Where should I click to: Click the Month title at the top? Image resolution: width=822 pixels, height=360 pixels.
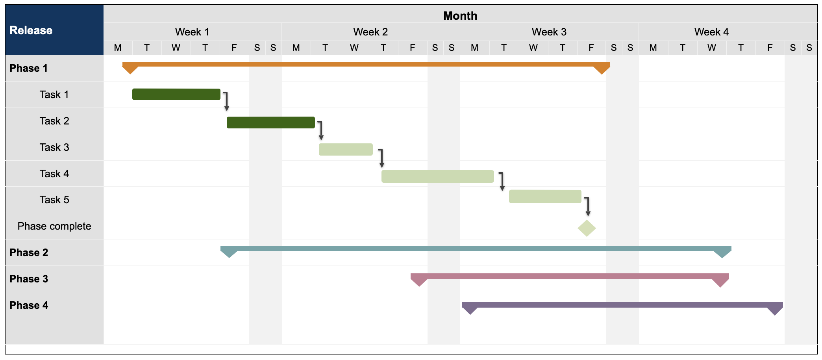tap(460, 15)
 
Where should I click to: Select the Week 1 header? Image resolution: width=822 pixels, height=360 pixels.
tap(192, 32)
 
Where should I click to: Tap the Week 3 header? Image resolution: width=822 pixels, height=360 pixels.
tap(549, 32)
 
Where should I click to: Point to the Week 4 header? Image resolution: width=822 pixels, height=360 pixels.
tap(711, 32)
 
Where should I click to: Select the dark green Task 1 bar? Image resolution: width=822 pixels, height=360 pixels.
tap(176, 94)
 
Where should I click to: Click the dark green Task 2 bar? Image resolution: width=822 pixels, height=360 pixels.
tap(270, 122)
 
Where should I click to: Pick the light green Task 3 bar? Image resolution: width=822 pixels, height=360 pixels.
tap(345, 149)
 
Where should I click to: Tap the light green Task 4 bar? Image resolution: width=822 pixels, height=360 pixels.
tap(437, 176)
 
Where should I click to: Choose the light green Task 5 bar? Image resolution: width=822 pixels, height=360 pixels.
tap(545, 196)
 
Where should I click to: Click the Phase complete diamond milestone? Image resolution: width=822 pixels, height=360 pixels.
tap(587, 228)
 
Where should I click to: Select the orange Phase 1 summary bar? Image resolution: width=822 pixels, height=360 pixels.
tap(366, 64)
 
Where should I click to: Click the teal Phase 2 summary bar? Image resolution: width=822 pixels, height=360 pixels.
tap(476, 249)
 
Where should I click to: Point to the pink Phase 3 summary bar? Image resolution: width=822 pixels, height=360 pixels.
tap(570, 276)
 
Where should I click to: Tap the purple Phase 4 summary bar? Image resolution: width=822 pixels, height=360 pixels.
tap(622, 304)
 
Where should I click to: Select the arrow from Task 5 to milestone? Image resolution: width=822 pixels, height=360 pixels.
tap(587, 206)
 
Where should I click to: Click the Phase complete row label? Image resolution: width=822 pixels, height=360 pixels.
tap(54, 226)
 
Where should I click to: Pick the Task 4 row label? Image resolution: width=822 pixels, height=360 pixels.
tap(54, 174)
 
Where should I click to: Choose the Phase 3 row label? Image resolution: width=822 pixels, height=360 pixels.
tap(29, 279)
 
